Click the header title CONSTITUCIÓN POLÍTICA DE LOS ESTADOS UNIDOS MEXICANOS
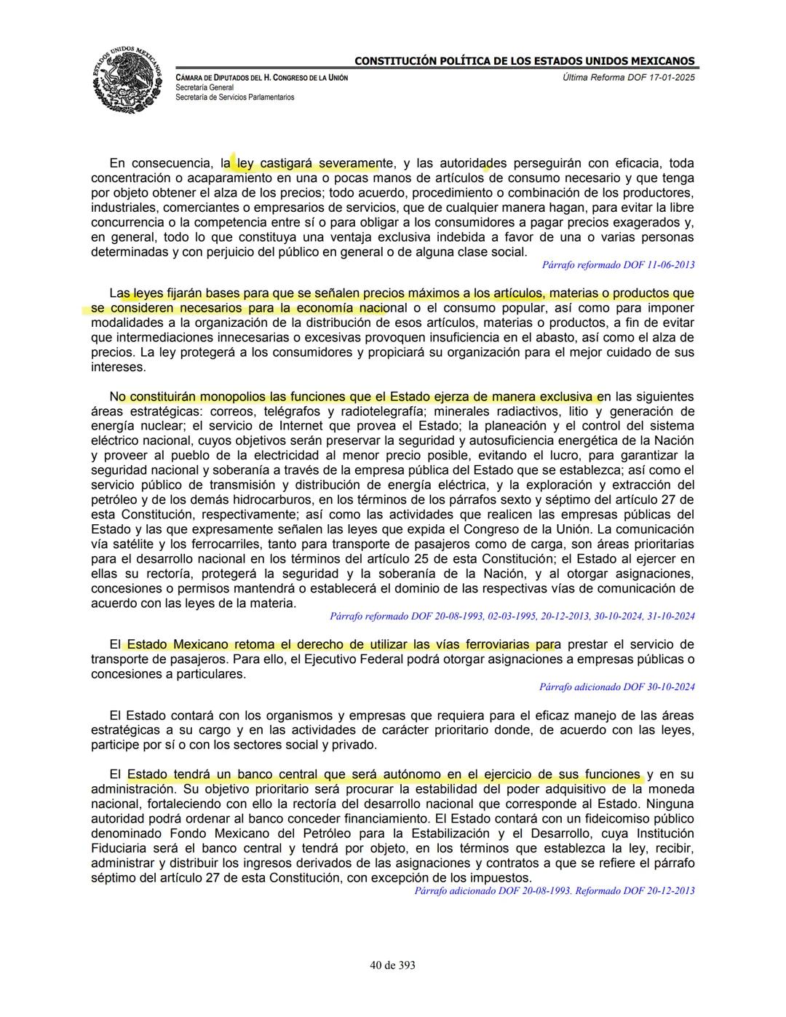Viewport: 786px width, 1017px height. click(524, 61)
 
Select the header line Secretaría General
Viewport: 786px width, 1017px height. click(205, 87)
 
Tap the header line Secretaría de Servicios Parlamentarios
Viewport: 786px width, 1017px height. click(234, 97)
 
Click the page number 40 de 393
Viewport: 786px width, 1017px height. click(392, 965)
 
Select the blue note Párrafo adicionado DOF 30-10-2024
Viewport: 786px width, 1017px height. click(616, 686)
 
